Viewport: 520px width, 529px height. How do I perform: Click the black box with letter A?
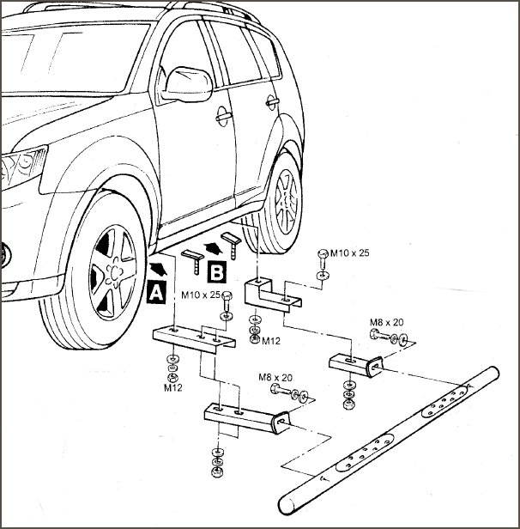point(157,292)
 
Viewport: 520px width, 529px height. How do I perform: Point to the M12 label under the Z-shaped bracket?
point(271,340)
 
